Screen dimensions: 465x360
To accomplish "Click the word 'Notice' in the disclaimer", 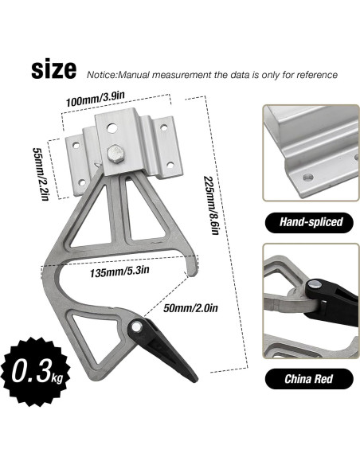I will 102,74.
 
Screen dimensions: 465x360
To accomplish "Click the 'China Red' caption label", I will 307,379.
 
